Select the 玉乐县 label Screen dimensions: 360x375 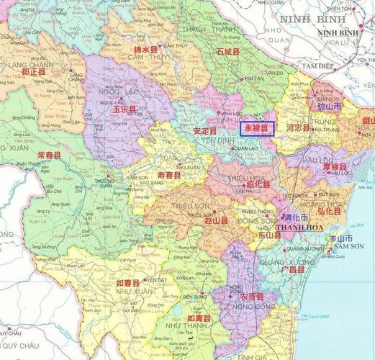coord(125,109)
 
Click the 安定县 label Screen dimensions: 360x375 coord(205,131)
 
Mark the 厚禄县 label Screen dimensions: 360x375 coord(335,168)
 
